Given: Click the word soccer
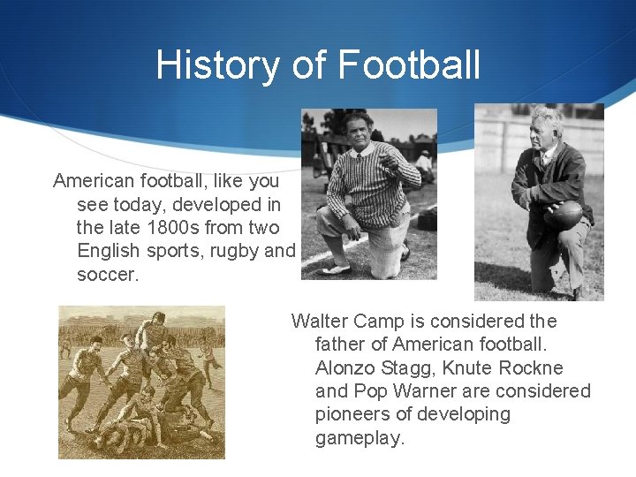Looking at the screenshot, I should (108, 274).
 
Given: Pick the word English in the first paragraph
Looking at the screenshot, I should (110, 251).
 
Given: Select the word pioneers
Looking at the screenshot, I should (351, 414).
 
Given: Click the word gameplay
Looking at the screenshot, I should (360, 437).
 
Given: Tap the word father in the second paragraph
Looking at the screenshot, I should (338, 344).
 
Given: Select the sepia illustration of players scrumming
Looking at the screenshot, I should (141, 382).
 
